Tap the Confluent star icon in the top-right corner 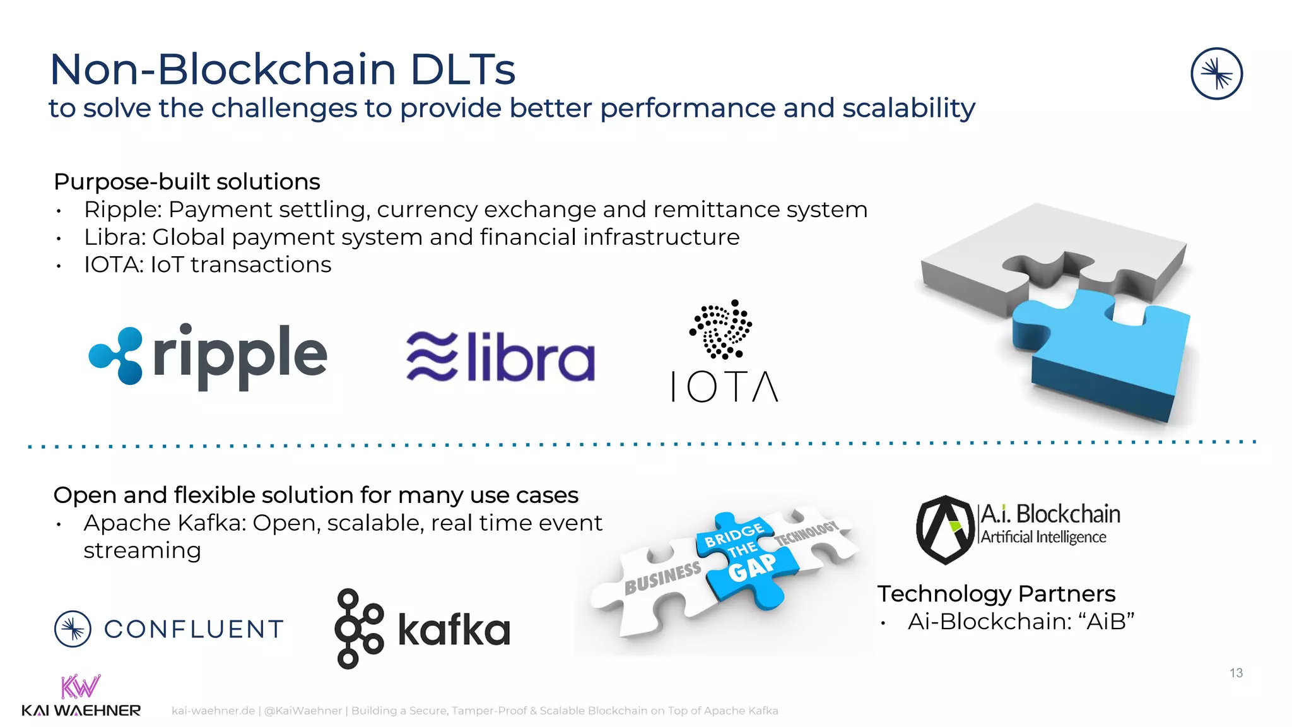coord(1216,74)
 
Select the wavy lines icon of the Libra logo coord(432,357)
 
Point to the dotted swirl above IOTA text coord(721,329)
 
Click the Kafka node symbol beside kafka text coord(358,629)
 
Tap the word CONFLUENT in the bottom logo coord(194,629)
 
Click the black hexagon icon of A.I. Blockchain coord(944,529)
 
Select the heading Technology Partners coord(996,594)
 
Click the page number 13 coord(1236,673)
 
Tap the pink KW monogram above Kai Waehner coord(80,687)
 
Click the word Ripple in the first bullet coord(122,210)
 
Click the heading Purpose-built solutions coord(187,182)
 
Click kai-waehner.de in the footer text coord(213,711)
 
